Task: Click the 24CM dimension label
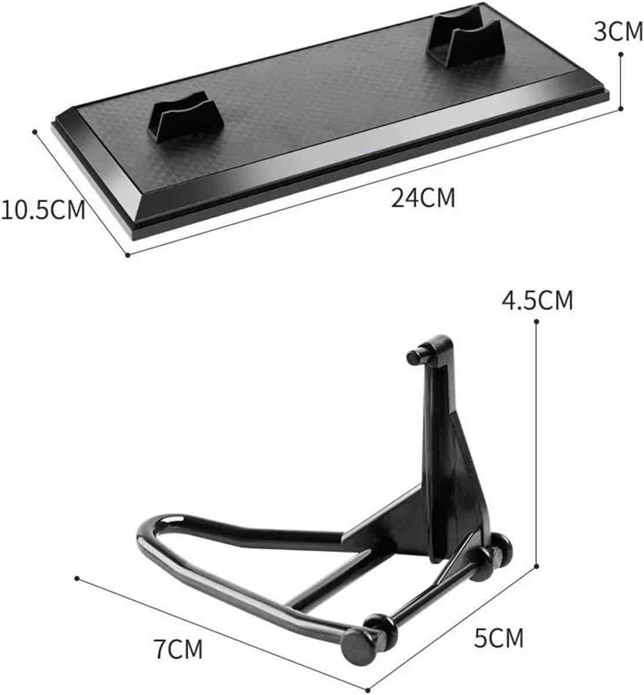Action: point(423,198)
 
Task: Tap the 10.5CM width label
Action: point(43,210)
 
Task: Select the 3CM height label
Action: point(618,32)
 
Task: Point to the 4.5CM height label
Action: point(537,300)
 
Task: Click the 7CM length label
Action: point(178,649)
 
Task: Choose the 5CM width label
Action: point(499,638)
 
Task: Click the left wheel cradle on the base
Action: point(185,117)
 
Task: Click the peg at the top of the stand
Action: point(416,356)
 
